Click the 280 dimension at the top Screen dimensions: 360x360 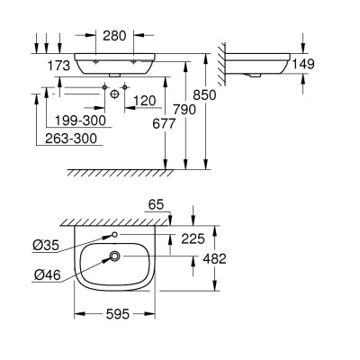click(x=115, y=36)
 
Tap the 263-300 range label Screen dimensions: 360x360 click(x=68, y=139)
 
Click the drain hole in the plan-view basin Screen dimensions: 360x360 click(x=114, y=257)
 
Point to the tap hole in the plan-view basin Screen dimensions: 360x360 click(x=114, y=236)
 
